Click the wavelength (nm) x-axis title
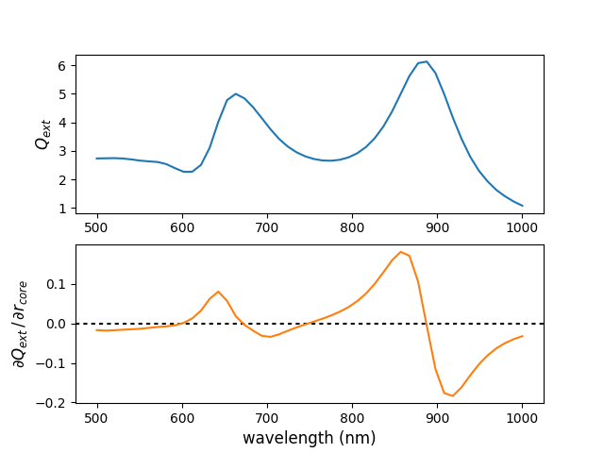tap(309, 438)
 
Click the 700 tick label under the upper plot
tap(267, 227)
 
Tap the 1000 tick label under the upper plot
tap(522, 227)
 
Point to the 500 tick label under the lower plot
tap(97, 417)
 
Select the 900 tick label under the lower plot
tap(437, 417)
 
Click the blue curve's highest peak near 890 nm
tap(427, 61)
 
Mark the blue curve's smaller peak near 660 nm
tap(235, 93)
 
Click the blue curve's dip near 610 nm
tap(188, 172)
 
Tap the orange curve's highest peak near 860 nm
tap(401, 252)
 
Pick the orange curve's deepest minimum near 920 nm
tap(452, 395)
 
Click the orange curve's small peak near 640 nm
tap(218, 292)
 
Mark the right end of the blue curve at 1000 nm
tap(522, 206)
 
